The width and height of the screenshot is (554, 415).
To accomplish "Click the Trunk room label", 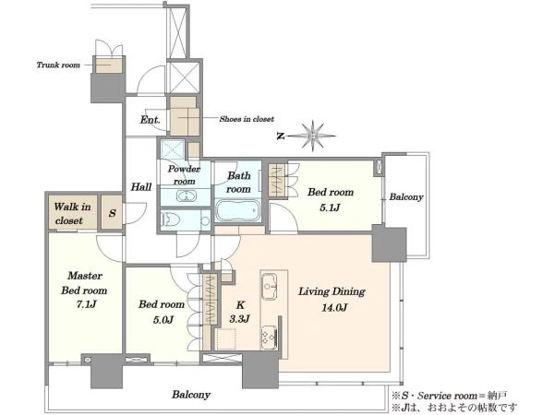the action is pyautogui.click(x=58, y=65).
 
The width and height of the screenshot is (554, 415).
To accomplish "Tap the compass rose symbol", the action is pyautogui.click(x=312, y=136).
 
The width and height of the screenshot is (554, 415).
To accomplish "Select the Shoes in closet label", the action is pyautogui.click(x=247, y=119).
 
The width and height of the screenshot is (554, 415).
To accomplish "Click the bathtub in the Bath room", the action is pyautogui.click(x=237, y=210).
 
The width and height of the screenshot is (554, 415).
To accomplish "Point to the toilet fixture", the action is pyautogui.click(x=170, y=219).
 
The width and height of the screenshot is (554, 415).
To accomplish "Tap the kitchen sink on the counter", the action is pyautogui.click(x=270, y=286).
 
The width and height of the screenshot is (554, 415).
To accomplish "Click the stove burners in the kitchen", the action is pyautogui.click(x=269, y=336).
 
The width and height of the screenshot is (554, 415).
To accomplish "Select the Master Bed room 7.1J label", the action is pyautogui.click(x=84, y=290).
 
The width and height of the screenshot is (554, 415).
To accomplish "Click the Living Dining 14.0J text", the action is pyautogui.click(x=332, y=299).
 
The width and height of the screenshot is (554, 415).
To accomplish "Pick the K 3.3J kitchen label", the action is pyautogui.click(x=239, y=312).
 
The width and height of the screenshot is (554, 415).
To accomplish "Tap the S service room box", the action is pyautogui.click(x=112, y=212).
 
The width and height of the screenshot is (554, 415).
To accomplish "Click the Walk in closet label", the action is pyautogui.click(x=72, y=214).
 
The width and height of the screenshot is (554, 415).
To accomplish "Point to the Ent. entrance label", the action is pyautogui.click(x=151, y=120).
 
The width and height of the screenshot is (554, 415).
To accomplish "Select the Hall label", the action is pyautogui.click(x=141, y=186).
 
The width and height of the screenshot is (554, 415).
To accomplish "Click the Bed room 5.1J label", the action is pyautogui.click(x=331, y=200).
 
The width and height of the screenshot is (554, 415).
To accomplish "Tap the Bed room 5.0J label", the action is pyautogui.click(x=162, y=312).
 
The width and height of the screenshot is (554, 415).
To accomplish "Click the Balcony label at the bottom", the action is pyautogui.click(x=191, y=394).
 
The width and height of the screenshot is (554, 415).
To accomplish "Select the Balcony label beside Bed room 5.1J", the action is pyautogui.click(x=406, y=196).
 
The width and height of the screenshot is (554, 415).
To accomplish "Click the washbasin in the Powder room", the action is pyautogui.click(x=184, y=196).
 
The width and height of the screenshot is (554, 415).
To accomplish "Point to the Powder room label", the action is pyautogui.click(x=184, y=174).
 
